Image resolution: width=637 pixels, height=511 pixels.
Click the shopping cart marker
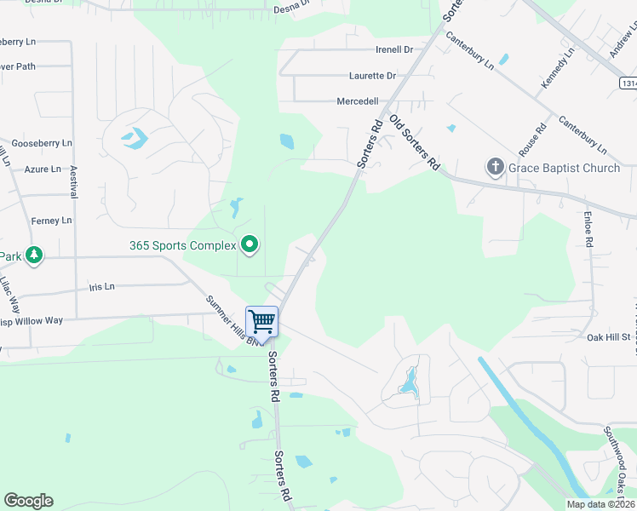pyautogui.click(x=261, y=323)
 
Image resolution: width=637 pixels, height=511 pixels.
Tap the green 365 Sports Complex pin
pyautogui.click(x=250, y=245)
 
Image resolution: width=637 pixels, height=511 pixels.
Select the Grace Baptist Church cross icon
pyautogui.click(x=496, y=168)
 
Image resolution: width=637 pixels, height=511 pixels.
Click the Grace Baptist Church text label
pyautogui.click(x=565, y=169)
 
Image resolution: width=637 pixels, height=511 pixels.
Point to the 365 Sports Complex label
pyautogui.click(x=182, y=245)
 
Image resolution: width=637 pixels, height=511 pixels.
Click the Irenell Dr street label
pyautogui.click(x=393, y=50)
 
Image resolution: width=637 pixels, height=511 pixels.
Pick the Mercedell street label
pyautogui.click(x=358, y=101)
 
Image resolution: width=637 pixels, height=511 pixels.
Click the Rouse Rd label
pyautogui.click(x=533, y=141)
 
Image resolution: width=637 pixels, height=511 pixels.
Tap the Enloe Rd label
pyautogui.click(x=588, y=229)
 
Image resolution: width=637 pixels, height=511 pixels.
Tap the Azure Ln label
pyautogui.click(x=43, y=169)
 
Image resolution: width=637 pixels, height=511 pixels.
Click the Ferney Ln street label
pyautogui.click(x=52, y=221)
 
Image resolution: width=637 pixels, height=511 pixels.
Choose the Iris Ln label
pyautogui.click(x=101, y=287)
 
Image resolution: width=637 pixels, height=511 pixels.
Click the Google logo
pyautogui.click(x=28, y=501)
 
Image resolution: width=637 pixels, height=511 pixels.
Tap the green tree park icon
pyautogui.click(x=33, y=255)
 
